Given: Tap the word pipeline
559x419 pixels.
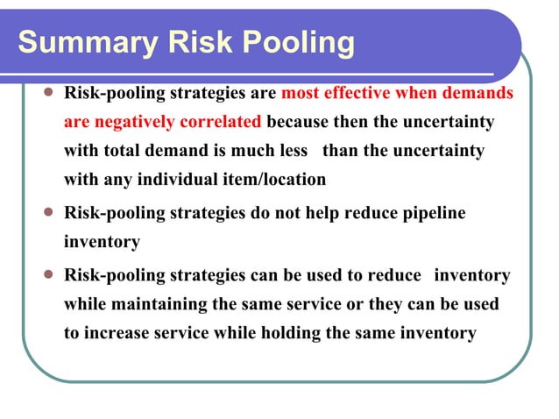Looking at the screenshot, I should (434, 213).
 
